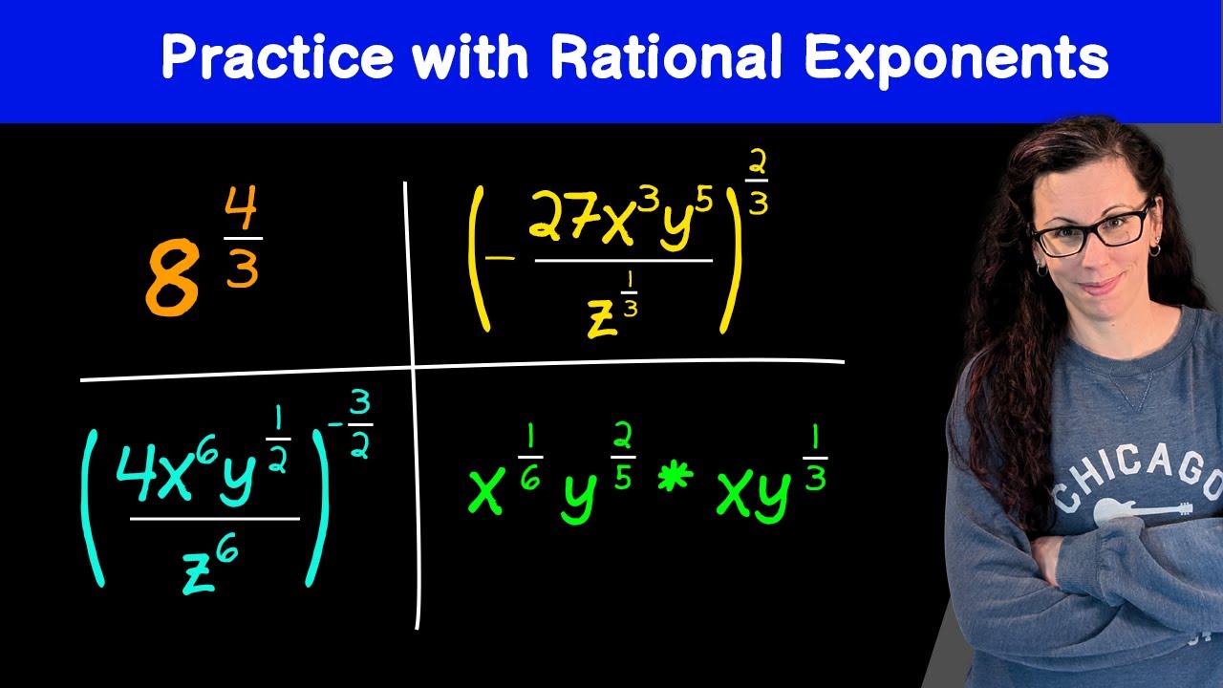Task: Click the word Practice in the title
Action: (277, 59)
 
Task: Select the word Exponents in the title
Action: (955, 59)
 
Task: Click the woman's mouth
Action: (1101, 284)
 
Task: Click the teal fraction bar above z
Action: (214, 520)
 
